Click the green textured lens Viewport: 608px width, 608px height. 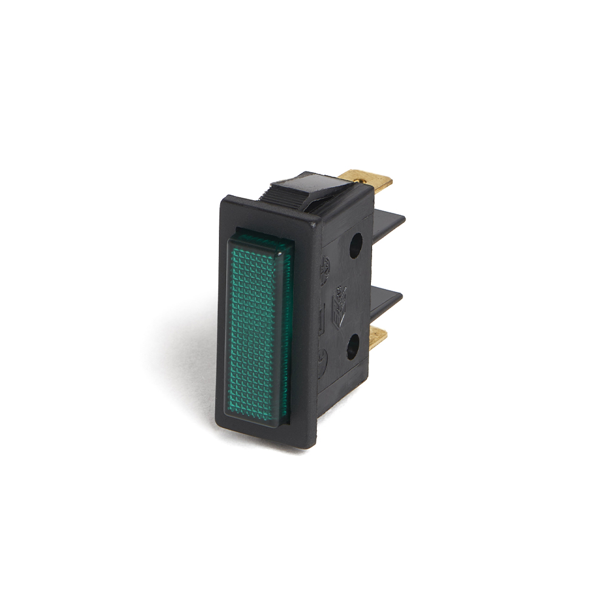[x=259, y=328]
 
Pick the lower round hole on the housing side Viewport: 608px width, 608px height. [x=353, y=348]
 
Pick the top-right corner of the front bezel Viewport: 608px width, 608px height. [x=313, y=224]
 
